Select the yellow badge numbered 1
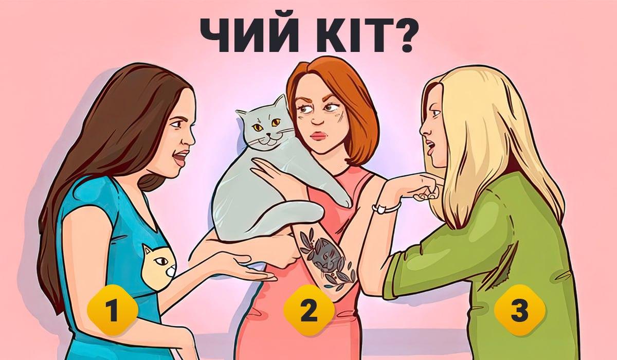click(112, 310)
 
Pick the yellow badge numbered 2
click(308, 310)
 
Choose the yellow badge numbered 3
click(519, 310)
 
